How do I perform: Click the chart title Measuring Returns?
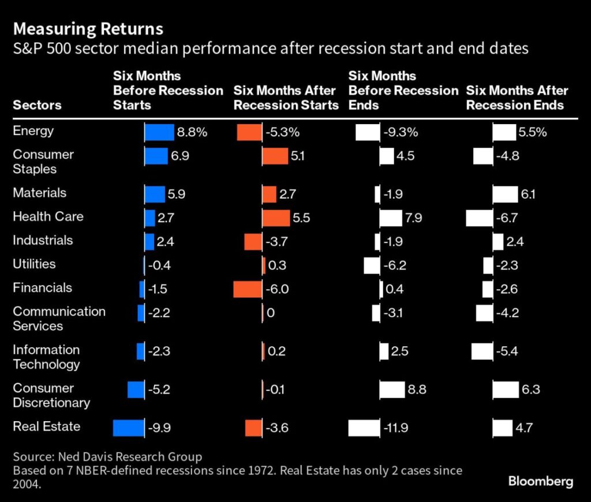pyautogui.click(x=88, y=29)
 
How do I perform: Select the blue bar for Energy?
pyautogui.click(x=159, y=132)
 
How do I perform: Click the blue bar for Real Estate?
pyautogui.click(x=128, y=428)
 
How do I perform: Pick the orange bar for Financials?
pyautogui.click(x=248, y=289)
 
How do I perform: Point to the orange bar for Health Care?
pyautogui.click(x=276, y=218)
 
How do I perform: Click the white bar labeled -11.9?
pyautogui.click(x=364, y=428)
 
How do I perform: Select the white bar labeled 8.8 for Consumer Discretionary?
pyautogui.click(x=392, y=389)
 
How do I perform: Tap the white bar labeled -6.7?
pyautogui.click(x=479, y=218)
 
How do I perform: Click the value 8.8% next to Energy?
pyautogui.click(x=192, y=132)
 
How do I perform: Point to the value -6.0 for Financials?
pyautogui.click(x=278, y=289)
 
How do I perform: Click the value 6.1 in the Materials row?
pyautogui.click(x=528, y=194)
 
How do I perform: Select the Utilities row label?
pyautogui.click(x=35, y=264)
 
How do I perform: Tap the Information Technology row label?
pyautogui.click(x=46, y=357)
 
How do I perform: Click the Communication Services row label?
pyautogui.click(x=59, y=319)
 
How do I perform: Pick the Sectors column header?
pyautogui.click(x=37, y=105)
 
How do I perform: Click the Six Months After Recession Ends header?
pyautogui.click(x=517, y=98)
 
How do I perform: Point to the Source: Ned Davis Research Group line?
pyautogui.click(x=107, y=457)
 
